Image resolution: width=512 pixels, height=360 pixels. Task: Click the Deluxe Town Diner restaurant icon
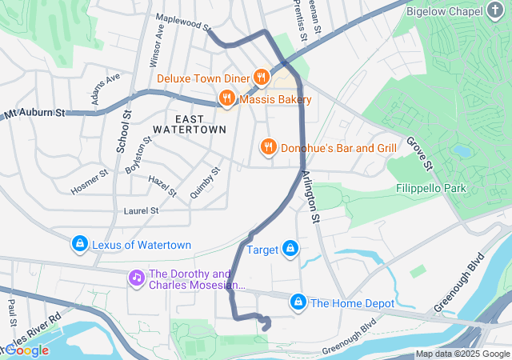261,78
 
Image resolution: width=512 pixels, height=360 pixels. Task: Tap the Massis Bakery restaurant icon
227,99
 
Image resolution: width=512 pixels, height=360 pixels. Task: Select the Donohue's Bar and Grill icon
268,147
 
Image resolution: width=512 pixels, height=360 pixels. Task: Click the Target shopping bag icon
290,250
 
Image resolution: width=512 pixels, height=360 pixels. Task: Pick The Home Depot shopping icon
298,302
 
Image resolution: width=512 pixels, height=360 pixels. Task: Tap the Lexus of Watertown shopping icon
79,244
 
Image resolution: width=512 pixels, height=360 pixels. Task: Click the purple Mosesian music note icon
137,278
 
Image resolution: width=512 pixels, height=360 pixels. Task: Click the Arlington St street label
310,196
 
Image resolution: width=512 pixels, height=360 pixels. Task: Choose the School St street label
124,132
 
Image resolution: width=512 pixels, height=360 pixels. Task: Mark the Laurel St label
142,210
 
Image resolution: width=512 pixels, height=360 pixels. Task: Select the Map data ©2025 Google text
462,354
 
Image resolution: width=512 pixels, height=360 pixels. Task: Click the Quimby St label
205,182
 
